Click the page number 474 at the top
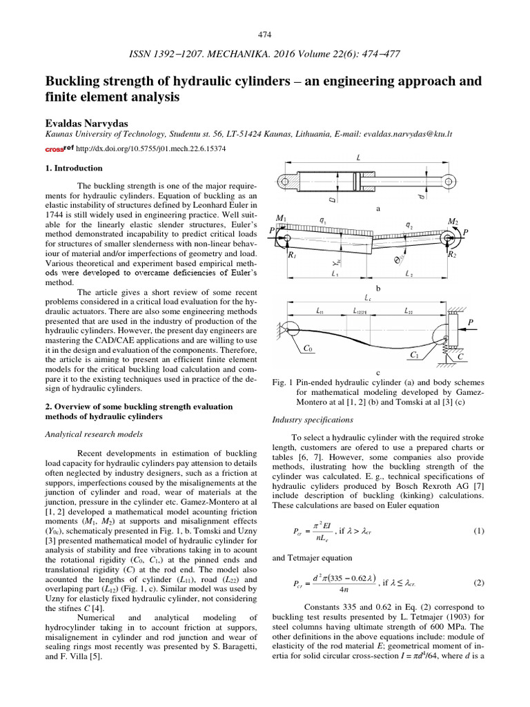click(265, 35)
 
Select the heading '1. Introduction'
click(74, 168)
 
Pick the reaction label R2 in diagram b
click(452, 255)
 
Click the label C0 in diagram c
click(308, 349)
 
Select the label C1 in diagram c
click(414, 355)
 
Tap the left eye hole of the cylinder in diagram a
click(285, 182)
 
